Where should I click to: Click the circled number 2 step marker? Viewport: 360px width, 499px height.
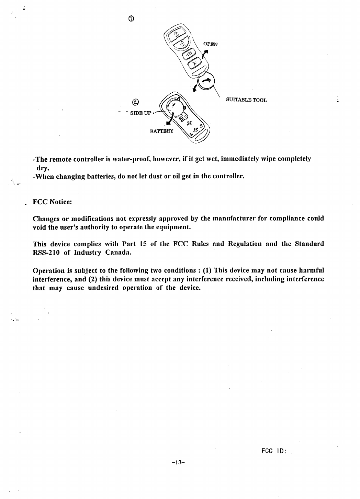tap(136, 102)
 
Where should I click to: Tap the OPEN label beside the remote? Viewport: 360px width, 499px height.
tap(211, 44)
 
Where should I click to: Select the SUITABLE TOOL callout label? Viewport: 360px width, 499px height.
tap(246, 100)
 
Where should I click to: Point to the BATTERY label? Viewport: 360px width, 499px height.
tap(162, 131)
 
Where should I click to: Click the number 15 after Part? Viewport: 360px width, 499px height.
tap(144, 244)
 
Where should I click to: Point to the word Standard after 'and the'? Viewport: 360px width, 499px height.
tap(309, 244)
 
